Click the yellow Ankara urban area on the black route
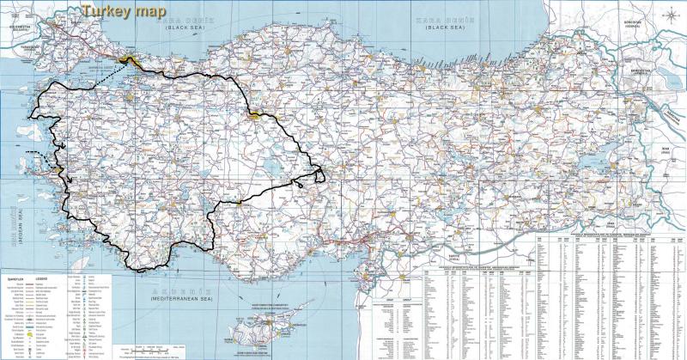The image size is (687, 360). [x=256, y=114]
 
